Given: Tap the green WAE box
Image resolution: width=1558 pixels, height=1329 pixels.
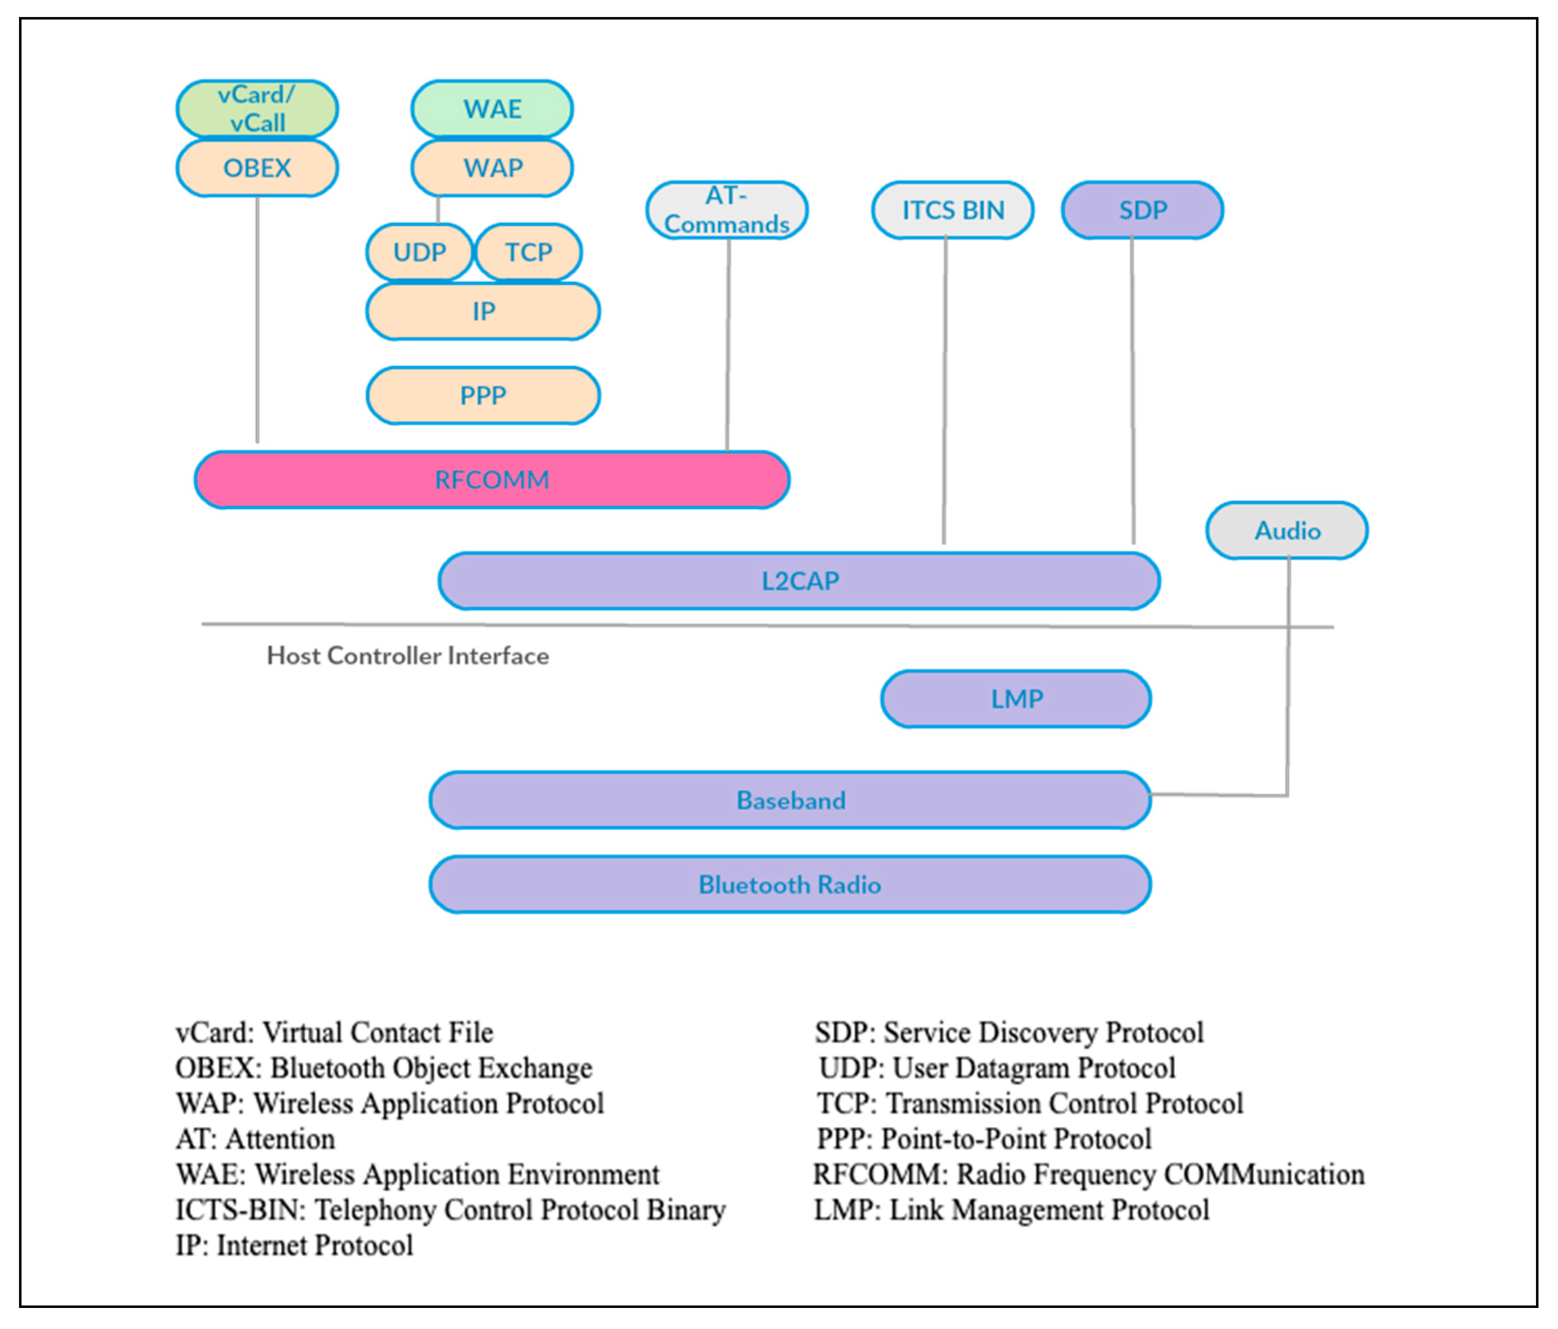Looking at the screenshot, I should click(492, 109).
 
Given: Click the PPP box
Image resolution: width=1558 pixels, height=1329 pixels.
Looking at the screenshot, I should click(483, 395).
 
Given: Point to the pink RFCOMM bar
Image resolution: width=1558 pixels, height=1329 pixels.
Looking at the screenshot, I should click(492, 480).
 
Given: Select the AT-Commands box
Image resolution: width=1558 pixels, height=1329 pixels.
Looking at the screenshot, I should click(726, 210).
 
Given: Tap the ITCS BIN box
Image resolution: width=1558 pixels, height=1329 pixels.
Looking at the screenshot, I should click(953, 210).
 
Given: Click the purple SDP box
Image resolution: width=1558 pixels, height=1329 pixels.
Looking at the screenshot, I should click(1142, 210).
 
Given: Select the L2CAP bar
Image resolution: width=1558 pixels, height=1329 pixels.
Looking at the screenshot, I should click(800, 581).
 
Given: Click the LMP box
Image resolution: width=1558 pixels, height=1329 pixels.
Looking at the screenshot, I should click(1016, 699).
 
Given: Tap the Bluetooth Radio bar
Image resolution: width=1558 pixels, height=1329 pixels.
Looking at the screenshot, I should click(790, 884).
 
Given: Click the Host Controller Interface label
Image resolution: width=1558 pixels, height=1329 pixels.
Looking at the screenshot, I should click(408, 656).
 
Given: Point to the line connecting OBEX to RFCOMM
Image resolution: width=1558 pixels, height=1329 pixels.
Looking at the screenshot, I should click(257, 320).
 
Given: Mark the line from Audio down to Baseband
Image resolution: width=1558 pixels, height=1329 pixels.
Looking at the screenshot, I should click(1288, 677).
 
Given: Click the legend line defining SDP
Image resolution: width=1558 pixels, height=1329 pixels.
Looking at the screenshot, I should click(1009, 1033).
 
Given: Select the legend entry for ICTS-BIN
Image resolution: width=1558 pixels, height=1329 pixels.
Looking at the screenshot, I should click(450, 1210).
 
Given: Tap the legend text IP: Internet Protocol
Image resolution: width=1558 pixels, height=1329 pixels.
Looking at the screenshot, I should click(294, 1245).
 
